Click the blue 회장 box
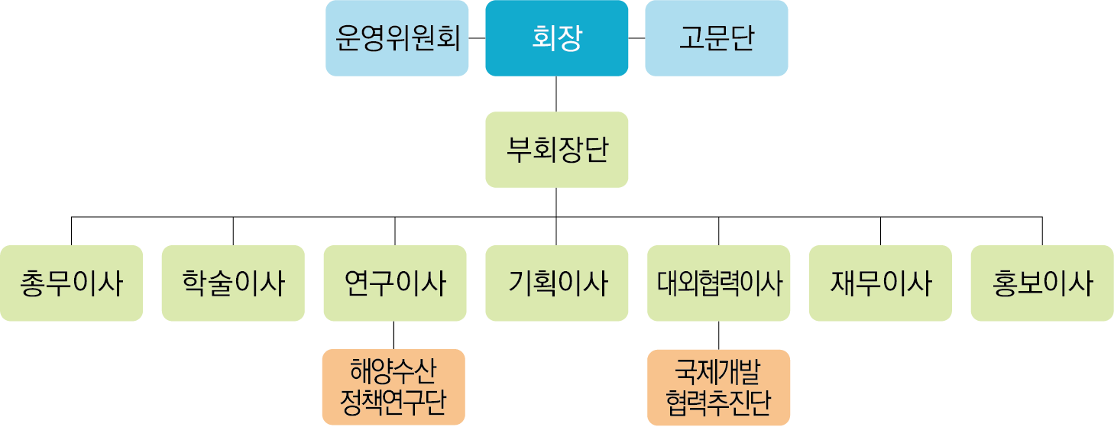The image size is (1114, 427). pyautogui.click(x=556, y=38)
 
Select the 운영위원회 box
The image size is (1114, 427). pyautogui.click(x=397, y=38)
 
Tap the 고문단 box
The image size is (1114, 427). pyautogui.click(x=716, y=38)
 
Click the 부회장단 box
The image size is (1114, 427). pyautogui.click(x=556, y=150)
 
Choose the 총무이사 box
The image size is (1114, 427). pyautogui.click(x=72, y=283)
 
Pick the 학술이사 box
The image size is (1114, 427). pyautogui.click(x=233, y=283)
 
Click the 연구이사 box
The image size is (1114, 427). pyautogui.click(x=395, y=283)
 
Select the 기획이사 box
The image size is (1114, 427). pyautogui.click(x=556, y=283)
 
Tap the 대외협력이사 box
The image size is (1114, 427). pyautogui.click(x=719, y=283)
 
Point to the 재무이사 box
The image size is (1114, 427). pyautogui.click(x=880, y=283)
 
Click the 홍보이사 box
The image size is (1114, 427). pyautogui.click(x=1041, y=283)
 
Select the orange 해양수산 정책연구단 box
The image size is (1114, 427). pyautogui.click(x=393, y=387)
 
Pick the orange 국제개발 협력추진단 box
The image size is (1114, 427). pyautogui.click(x=719, y=387)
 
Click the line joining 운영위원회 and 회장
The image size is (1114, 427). pyautogui.click(x=478, y=38)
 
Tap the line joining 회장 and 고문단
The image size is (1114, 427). pyautogui.click(x=636, y=38)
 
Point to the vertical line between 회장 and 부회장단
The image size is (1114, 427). pyautogui.click(x=556, y=94)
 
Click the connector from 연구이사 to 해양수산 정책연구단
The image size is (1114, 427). pyautogui.click(x=393, y=335)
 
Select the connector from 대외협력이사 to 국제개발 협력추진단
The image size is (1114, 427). pyautogui.click(x=719, y=335)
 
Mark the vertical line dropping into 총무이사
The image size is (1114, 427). pyautogui.click(x=72, y=231)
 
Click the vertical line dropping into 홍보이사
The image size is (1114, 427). pyautogui.click(x=1041, y=231)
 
